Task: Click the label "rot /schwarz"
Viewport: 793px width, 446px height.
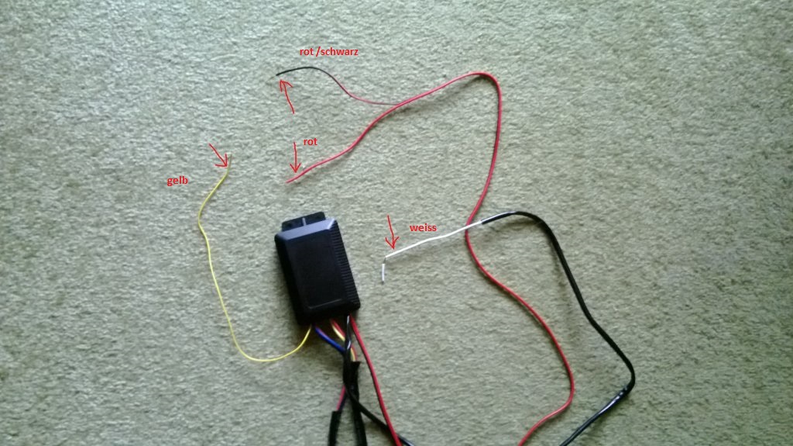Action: pyautogui.click(x=328, y=51)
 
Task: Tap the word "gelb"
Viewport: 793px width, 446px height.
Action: pyautogui.click(x=177, y=181)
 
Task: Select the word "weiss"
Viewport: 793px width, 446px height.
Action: pyautogui.click(x=423, y=227)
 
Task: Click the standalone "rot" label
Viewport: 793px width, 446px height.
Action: pyautogui.click(x=310, y=141)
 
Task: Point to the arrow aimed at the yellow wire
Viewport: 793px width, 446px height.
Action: pyautogui.click(x=218, y=155)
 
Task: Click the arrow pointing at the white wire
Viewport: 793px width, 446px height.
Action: pyautogui.click(x=391, y=232)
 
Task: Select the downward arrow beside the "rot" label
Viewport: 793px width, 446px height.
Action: pyautogui.click(x=295, y=157)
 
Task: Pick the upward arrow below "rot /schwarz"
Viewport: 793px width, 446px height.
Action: pyautogui.click(x=287, y=95)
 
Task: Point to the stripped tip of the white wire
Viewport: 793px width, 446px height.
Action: pyautogui.click(x=383, y=274)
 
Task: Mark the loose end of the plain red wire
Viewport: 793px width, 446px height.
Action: pyautogui.click(x=288, y=181)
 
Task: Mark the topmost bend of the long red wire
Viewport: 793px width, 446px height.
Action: pyautogui.click(x=483, y=74)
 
